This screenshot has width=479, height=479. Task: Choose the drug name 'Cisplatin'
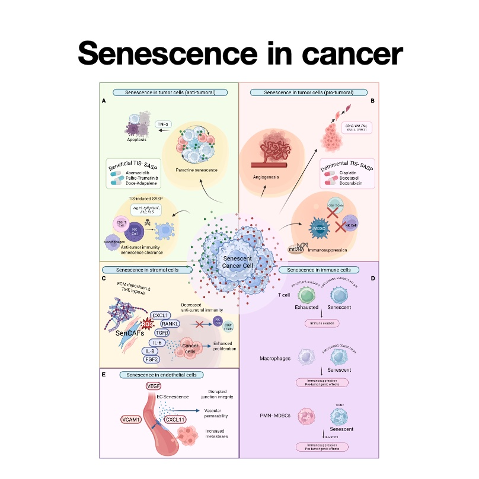[x=350, y=172]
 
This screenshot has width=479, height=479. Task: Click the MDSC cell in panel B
[x=321, y=228]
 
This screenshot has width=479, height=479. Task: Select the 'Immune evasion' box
[x=320, y=324]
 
